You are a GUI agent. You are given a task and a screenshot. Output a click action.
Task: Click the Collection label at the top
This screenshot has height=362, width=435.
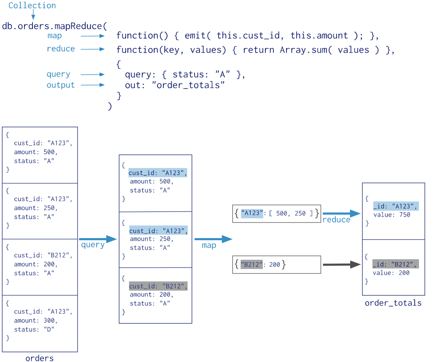coord(32,5)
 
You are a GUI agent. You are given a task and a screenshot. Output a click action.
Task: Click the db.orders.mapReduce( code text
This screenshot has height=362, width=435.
coord(54,26)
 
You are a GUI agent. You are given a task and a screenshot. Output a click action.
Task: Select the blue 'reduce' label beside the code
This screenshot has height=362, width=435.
coord(61,49)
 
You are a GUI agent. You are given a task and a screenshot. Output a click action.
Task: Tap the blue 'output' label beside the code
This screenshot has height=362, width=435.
coord(60,85)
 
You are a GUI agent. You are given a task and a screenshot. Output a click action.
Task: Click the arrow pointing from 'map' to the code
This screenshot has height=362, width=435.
coord(92,36)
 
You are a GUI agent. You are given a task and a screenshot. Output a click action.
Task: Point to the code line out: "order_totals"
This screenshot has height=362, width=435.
coord(175,86)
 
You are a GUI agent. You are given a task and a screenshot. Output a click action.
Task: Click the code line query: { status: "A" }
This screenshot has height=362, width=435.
coord(185,75)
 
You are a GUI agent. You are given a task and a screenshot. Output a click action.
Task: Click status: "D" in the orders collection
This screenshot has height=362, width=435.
coord(34,329)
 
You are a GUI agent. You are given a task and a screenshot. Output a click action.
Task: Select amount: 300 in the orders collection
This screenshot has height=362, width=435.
coord(35,320)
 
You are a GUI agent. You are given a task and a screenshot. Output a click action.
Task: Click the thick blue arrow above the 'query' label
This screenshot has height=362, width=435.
coord(97,239)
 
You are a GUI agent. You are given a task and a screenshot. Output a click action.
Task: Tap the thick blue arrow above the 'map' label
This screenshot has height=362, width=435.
coord(213,239)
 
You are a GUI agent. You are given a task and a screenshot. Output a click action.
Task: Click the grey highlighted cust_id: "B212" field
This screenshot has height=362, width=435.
coord(158,286)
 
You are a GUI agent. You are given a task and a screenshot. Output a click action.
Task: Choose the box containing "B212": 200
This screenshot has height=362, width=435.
coord(276,265)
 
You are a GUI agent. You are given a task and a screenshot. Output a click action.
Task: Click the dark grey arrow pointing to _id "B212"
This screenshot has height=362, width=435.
coord(341,265)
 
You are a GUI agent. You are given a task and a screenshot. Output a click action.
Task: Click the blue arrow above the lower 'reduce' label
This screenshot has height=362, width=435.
coord(341,214)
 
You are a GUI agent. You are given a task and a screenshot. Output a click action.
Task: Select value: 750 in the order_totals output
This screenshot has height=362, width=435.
coord(392,215)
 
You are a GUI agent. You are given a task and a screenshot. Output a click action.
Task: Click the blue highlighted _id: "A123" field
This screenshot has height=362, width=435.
coord(395,206)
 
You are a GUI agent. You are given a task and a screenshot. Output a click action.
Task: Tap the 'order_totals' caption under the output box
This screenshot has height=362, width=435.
coord(393,303)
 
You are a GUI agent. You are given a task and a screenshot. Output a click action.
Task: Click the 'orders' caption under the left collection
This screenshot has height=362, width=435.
coord(40,358)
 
